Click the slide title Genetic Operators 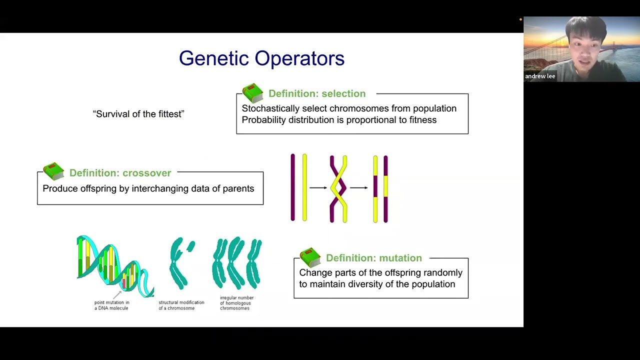pos(261,58)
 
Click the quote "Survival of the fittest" pos(138,114)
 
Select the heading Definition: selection pos(316,93)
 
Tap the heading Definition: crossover pos(120,173)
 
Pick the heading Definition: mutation pos(373,258)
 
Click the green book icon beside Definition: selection pos(253,92)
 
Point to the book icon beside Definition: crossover pos(54,171)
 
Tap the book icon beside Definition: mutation pos(310,257)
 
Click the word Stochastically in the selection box pos(270,108)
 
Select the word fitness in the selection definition pos(422,120)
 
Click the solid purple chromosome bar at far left pos(293,187)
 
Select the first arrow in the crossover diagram pos(318,187)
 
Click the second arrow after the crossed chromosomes pos(358,187)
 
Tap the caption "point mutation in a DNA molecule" pos(111,305)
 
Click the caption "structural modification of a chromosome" pos(181,305)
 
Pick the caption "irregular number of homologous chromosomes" pos(236,303)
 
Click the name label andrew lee pos(540,76)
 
